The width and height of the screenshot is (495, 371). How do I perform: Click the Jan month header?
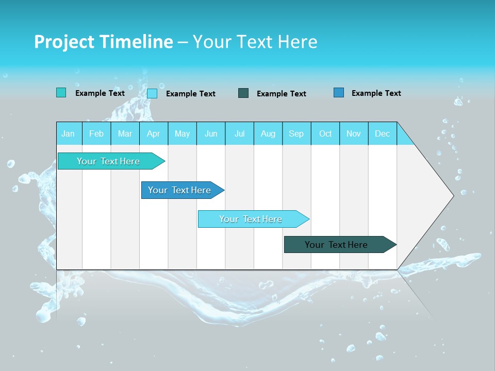point(68,133)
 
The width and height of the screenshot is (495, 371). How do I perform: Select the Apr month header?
point(153,133)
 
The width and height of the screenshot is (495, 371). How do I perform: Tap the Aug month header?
point(268,133)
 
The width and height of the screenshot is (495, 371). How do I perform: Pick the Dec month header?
point(382,133)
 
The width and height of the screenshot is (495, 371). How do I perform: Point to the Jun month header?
point(210,133)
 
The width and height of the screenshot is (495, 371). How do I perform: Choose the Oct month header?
point(325,133)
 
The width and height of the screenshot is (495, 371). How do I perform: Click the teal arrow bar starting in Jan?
point(108,161)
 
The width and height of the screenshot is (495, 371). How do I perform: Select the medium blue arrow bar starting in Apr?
point(179,190)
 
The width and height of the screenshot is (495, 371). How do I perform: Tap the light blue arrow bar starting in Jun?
point(251,219)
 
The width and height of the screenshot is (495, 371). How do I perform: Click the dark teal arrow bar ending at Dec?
point(336,245)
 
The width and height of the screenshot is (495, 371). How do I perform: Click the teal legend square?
point(61,93)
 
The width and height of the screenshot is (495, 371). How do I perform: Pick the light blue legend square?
point(152,93)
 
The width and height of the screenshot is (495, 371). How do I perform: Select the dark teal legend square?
point(243,93)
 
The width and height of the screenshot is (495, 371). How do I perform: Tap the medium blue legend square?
point(338,93)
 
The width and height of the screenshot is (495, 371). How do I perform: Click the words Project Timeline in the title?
point(103,42)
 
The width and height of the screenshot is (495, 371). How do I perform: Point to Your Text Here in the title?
point(255,42)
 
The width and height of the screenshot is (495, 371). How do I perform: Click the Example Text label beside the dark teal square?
point(281,94)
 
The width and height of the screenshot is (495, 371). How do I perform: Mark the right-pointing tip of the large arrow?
point(453,195)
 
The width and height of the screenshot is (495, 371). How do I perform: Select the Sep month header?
point(296,133)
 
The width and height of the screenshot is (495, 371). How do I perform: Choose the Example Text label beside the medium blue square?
point(376,93)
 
